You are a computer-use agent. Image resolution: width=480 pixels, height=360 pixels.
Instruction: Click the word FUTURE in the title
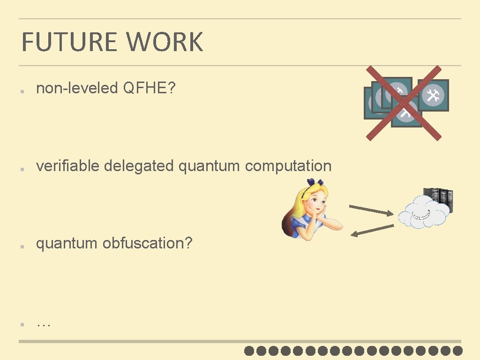click(x=69, y=42)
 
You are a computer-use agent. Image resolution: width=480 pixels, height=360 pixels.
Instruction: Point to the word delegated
click(x=139, y=166)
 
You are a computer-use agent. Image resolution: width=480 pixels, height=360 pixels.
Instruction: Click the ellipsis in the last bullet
click(x=43, y=323)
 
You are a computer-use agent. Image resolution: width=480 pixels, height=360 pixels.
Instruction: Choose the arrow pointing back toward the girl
click(x=372, y=230)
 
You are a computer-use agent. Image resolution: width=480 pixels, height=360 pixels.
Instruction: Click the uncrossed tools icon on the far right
click(x=433, y=95)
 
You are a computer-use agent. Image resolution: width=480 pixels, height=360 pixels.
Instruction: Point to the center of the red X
click(x=404, y=103)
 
